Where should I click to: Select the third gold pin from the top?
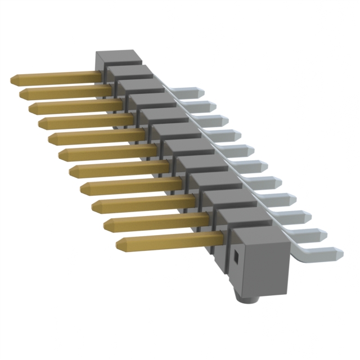tap(73, 106)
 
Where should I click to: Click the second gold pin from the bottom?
tap(152, 222)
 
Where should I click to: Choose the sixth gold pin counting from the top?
tap(107, 152)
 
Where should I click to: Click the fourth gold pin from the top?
tap(84, 120)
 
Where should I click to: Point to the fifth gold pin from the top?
tap(96, 137)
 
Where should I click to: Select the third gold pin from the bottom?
tap(141, 204)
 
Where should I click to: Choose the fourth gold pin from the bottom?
tap(129, 185)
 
